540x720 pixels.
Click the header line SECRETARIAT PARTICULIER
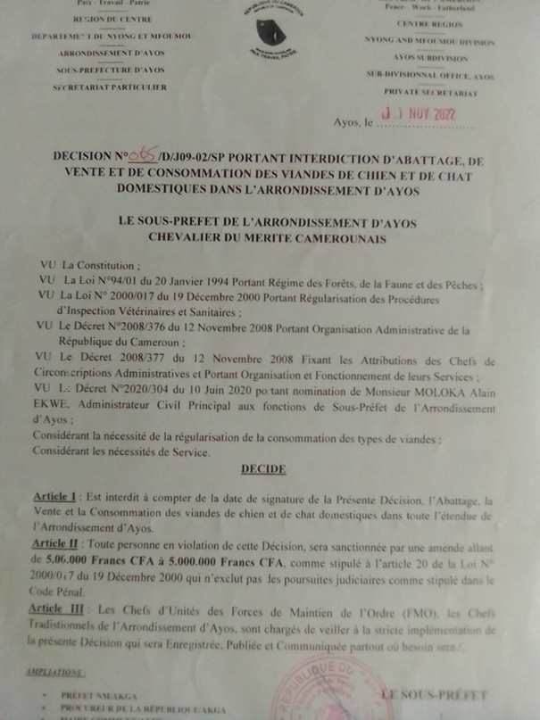[110, 87]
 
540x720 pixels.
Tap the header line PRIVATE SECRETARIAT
[430, 92]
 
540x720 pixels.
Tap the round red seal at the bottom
[317, 696]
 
